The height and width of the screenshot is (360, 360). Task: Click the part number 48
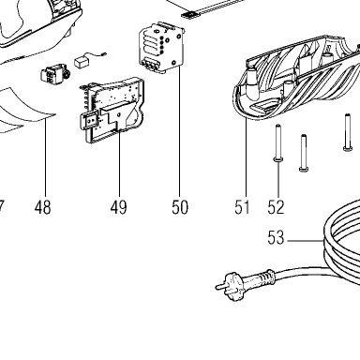(43, 207)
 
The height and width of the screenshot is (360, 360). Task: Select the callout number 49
(118, 207)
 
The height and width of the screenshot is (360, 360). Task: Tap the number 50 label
(180, 207)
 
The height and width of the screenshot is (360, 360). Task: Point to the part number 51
(243, 207)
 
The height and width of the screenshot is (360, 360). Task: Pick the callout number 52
(276, 207)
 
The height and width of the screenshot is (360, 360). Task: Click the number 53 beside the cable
(276, 238)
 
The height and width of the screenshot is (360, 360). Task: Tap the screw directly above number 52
(278, 142)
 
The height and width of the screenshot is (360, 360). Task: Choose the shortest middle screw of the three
(304, 153)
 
